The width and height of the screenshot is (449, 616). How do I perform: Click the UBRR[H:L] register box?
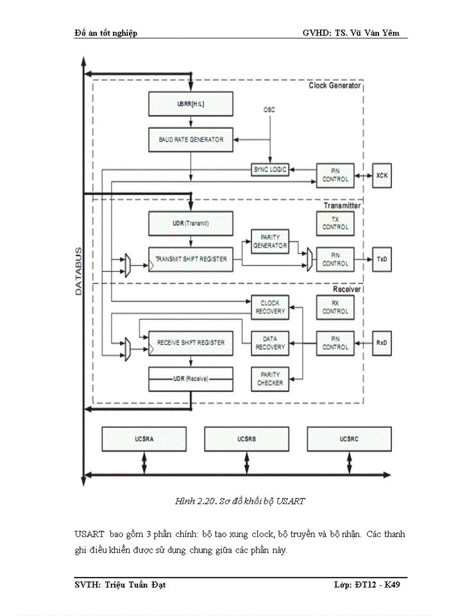click(191, 104)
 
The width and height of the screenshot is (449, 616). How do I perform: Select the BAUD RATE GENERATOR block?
click(191, 139)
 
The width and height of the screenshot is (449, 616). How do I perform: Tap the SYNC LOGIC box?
click(269, 169)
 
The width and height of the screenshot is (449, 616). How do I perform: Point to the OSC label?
click(269, 110)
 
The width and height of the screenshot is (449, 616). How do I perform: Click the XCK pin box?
click(382, 175)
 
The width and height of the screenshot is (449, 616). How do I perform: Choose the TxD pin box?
click(382, 259)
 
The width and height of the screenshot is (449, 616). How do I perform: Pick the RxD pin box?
click(382, 343)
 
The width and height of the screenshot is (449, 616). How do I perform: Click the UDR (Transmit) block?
click(191, 223)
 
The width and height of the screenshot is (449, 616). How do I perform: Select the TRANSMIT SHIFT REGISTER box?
click(191, 259)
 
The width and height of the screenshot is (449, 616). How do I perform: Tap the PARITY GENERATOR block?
click(270, 241)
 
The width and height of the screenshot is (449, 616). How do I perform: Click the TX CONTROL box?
click(335, 223)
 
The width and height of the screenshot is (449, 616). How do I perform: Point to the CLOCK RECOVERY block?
click(270, 307)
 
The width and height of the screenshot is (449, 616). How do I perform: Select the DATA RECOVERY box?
click(270, 343)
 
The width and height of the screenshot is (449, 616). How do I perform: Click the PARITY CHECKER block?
click(270, 379)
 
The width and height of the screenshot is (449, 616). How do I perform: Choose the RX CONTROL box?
click(335, 307)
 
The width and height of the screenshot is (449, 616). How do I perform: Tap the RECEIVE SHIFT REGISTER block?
click(191, 343)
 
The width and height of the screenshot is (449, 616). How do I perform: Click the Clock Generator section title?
click(334, 85)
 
